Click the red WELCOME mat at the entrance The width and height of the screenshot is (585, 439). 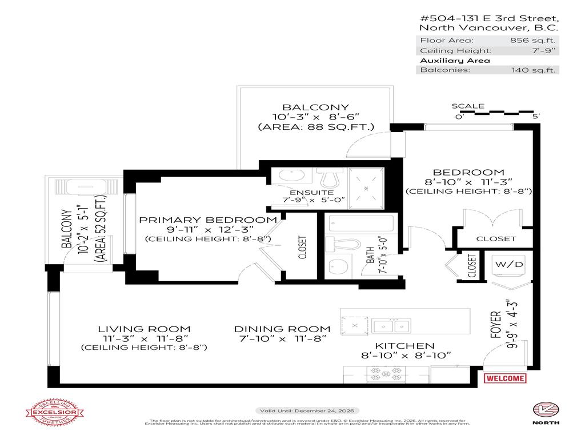505,378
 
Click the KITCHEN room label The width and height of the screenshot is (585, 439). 404,346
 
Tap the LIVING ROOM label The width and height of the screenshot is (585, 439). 143,329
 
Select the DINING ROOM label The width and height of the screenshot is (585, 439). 282,329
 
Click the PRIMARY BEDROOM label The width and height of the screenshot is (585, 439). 209,220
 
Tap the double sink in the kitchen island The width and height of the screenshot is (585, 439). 391,326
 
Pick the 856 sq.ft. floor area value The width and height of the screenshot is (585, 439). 534,41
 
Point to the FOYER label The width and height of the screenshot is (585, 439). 495,325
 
